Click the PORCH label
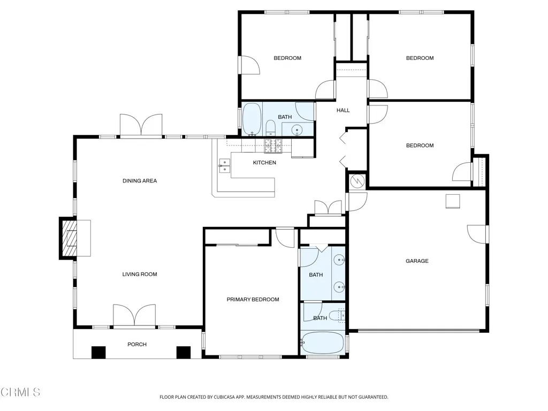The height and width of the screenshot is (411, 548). (x=136, y=344)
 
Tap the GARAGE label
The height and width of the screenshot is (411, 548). (x=416, y=261)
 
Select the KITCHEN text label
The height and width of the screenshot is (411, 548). (x=264, y=163)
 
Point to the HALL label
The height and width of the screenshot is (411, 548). (x=343, y=110)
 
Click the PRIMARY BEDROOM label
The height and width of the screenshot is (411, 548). (x=253, y=300)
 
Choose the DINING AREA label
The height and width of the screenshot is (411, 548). (x=140, y=181)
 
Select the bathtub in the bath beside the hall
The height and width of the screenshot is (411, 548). (x=252, y=119)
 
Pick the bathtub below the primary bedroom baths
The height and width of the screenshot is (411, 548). (x=323, y=343)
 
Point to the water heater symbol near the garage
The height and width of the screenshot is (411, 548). (x=356, y=182)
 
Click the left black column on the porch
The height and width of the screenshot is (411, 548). (x=98, y=353)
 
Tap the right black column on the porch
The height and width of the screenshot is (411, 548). (x=184, y=353)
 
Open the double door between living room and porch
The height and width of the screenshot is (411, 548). (x=134, y=316)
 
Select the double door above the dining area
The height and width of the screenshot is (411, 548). (x=141, y=125)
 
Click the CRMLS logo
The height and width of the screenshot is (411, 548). (x=20, y=392)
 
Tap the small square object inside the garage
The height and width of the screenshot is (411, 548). (x=453, y=201)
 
